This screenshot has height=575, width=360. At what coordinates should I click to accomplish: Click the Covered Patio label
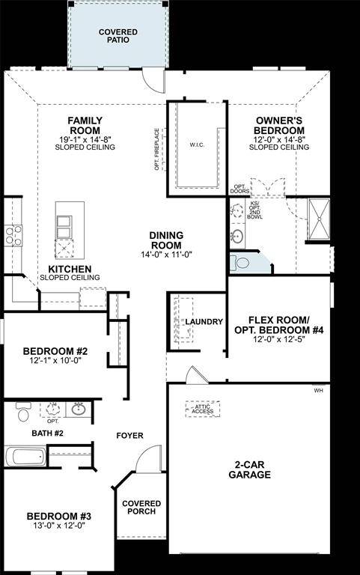(118, 35)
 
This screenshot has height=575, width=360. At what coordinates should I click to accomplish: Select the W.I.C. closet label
(197, 144)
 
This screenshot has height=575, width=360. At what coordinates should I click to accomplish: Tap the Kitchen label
(70, 269)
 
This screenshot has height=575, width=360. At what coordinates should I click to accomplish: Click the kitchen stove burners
(13, 235)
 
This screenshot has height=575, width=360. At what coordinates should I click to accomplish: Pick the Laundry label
(204, 322)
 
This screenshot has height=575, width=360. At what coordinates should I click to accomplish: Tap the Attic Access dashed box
(203, 408)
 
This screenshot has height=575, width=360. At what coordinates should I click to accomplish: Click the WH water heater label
(318, 391)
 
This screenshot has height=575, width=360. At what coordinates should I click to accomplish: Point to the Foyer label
(129, 436)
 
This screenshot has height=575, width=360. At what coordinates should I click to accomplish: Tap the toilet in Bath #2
(22, 413)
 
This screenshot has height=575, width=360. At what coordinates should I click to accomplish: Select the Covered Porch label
(138, 507)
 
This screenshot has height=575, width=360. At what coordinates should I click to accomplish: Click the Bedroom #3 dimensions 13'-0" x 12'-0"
(58, 526)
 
